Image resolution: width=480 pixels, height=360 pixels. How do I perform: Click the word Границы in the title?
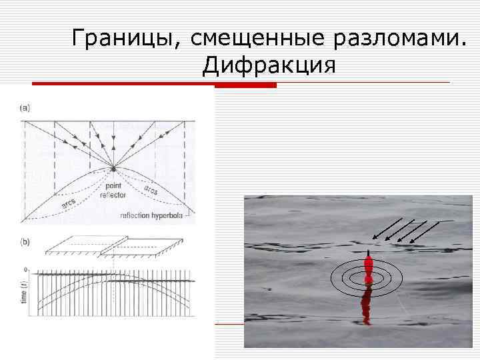pos(124,38)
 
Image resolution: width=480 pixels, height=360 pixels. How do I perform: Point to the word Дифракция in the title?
pos(270,65)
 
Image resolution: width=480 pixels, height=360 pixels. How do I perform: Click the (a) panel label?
pos(25,107)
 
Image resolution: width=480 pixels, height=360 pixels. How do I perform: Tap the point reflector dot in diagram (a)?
pos(114,168)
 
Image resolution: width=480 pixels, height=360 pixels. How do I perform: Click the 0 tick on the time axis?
pos(26,270)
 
